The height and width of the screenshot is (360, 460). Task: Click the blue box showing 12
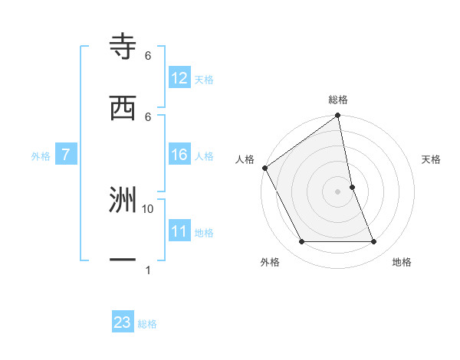click(179, 78)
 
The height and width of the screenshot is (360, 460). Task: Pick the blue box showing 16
click(179, 155)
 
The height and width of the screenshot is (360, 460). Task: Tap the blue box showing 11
click(179, 231)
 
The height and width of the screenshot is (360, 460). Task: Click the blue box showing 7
click(66, 155)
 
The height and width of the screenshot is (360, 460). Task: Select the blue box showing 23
click(123, 322)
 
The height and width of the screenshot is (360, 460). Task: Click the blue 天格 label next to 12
click(204, 79)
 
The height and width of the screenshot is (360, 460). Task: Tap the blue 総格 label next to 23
click(147, 323)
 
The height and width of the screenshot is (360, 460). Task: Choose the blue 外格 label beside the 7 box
click(41, 155)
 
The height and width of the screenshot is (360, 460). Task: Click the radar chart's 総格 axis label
click(338, 100)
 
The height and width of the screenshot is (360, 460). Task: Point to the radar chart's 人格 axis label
click(245, 159)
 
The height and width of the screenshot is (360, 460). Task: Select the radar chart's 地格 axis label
click(402, 262)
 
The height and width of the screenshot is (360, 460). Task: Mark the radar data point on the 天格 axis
click(352, 187)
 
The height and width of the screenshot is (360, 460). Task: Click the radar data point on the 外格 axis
click(301, 242)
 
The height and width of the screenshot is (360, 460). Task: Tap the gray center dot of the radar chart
click(338, 191)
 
